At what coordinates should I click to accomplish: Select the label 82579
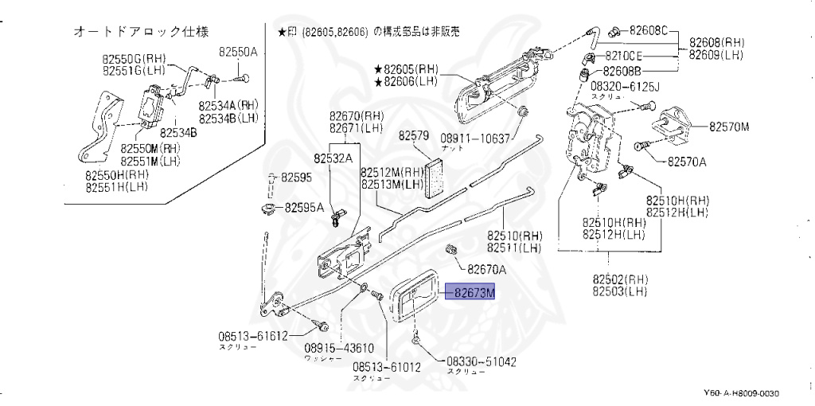click(x=415, y=135)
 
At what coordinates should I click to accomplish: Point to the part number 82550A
click(x=239, y=52)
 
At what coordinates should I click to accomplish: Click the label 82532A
click(x=333, y=158)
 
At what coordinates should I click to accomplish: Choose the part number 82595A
click(x=305, y=209)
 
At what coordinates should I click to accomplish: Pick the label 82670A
click(x=487, y=269)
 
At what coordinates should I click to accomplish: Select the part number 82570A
click(x=687, y=162)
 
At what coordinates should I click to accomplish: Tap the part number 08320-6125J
click(x=620, y=85)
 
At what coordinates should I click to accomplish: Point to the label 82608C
click(x=649, y=32)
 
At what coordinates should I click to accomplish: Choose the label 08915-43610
click(x=339, y=348)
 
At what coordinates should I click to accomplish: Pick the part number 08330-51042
click(x=482, y=361)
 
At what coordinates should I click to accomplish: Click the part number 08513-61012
click(x=386, y=368)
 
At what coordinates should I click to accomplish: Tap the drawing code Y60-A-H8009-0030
click(x=740, y=394)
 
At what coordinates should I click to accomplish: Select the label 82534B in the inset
click(x=178, y=132)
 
